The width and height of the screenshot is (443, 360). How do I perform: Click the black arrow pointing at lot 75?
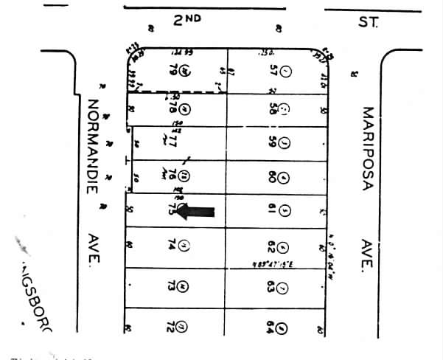(197, 212)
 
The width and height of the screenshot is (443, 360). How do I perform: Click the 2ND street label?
(187, 21)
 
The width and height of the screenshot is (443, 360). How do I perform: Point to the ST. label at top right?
(368, 22)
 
